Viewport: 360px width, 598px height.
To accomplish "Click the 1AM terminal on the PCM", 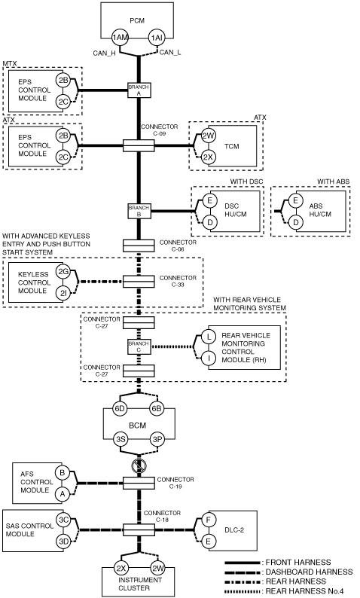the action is tap(120, 38).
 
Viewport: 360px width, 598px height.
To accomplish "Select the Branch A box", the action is tap(139, 90).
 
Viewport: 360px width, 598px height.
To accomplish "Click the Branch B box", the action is tap(139, 211).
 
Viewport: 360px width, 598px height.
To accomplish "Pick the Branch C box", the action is tap(139, 346).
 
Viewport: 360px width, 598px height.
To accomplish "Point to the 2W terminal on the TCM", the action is tap(209, 136).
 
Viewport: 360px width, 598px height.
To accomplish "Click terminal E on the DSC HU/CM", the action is tap(209, 200).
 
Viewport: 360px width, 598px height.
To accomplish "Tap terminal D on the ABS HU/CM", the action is tap(295, 222).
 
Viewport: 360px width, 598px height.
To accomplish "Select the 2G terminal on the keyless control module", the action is tap(63, 272).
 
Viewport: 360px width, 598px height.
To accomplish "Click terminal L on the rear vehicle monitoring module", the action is tap(209, 337).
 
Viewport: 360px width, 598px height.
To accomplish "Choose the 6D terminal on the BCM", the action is tap(120, 408).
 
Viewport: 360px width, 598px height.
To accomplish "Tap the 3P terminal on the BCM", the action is tap(157, 439).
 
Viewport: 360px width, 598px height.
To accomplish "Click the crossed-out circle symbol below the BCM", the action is tap(139, 465).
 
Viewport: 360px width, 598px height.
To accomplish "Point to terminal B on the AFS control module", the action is tap(63, 473).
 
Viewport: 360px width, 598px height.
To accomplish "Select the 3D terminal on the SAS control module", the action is tap(63, 541).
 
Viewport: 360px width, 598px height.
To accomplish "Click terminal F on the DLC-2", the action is tap(208, 520).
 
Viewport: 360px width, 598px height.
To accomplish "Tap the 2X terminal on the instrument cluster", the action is tap(121, 569).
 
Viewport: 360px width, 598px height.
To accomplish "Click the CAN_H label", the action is tap(104, 53).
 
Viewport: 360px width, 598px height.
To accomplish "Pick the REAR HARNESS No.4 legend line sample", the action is tap(243, 591).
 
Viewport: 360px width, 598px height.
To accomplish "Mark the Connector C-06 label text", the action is tap(178, 246).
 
